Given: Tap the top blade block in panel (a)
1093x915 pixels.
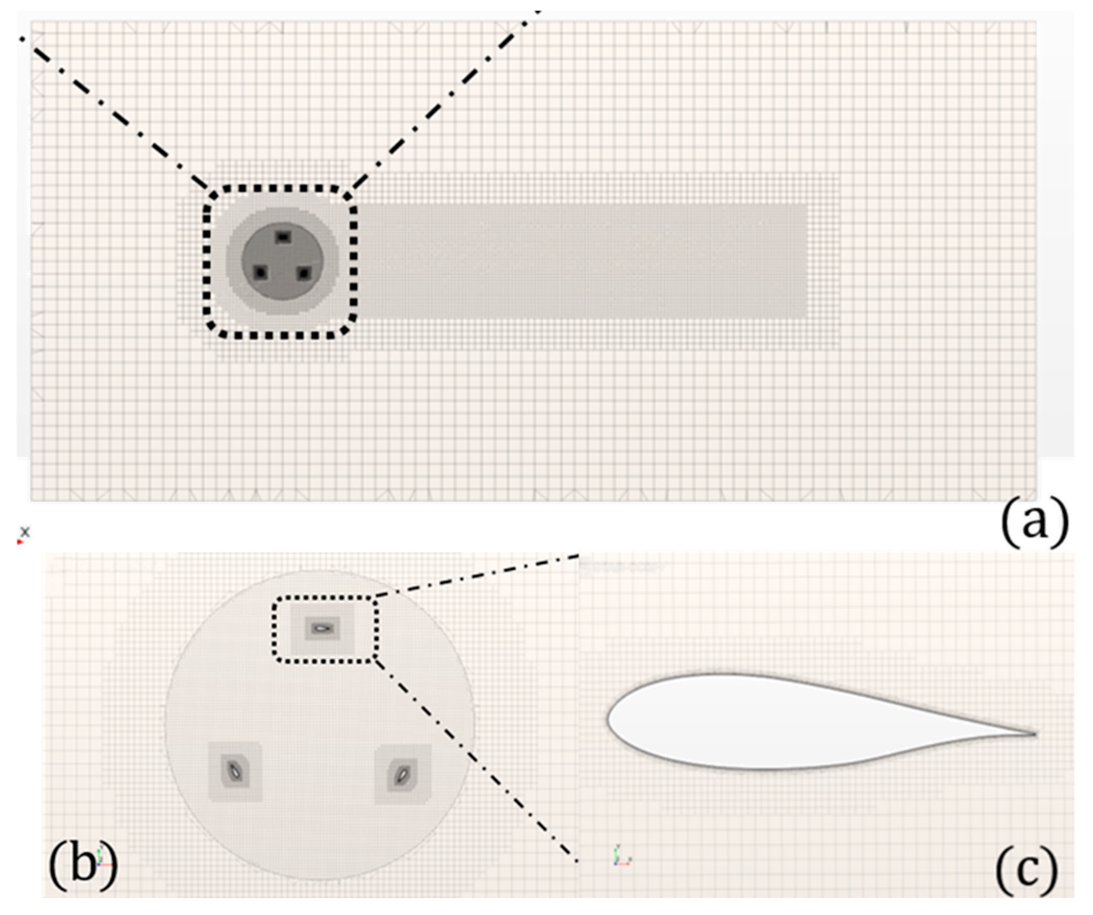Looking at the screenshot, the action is point(283,237).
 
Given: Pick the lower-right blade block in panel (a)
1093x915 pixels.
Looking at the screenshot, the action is point(303,272).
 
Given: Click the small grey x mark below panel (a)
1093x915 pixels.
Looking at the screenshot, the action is point(24,532).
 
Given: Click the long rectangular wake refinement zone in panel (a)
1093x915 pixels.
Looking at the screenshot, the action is point(583,260).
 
